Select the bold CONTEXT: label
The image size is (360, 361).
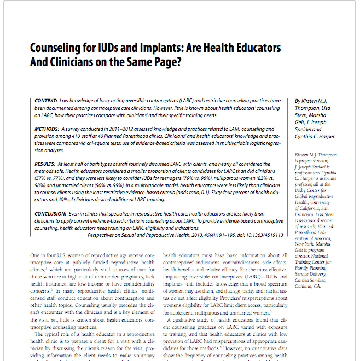point(47,102)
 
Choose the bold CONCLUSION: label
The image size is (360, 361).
point(52,214)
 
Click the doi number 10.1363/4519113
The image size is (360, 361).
point(259,235)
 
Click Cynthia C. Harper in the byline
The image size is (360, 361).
point(316,137)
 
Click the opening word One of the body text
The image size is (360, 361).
point(36,255)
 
